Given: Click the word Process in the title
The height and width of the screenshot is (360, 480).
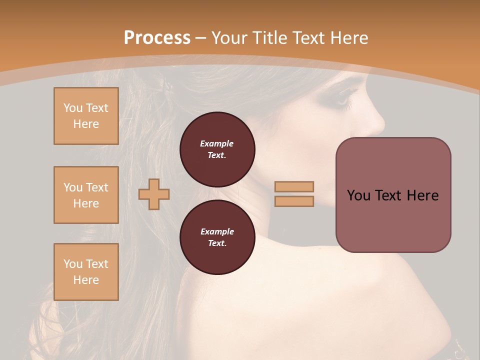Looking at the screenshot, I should point(157,38).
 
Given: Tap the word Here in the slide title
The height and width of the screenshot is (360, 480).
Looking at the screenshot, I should point(347,38).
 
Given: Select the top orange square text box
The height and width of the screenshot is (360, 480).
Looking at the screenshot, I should point(86,116).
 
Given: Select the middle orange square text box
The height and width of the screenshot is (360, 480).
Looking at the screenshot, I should point(86,195).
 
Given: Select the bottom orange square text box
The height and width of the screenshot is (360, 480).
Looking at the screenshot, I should point(86,272).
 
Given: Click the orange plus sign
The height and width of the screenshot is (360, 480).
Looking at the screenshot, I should point(154,194).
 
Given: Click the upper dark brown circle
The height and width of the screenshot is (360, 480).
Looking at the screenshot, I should point(217,149).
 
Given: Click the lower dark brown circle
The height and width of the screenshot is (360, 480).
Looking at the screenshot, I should point(217,237).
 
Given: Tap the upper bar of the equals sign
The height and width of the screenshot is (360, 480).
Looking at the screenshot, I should point(294,187).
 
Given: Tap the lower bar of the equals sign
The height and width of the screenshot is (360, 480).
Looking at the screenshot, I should point(294,201).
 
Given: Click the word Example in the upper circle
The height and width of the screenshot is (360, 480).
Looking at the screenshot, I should point(217,143).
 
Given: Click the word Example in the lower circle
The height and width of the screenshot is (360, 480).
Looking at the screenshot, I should point(217,231).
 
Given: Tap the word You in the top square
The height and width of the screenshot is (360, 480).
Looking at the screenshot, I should point(73,108).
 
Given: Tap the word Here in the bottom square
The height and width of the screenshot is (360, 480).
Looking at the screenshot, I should point(86,280).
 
